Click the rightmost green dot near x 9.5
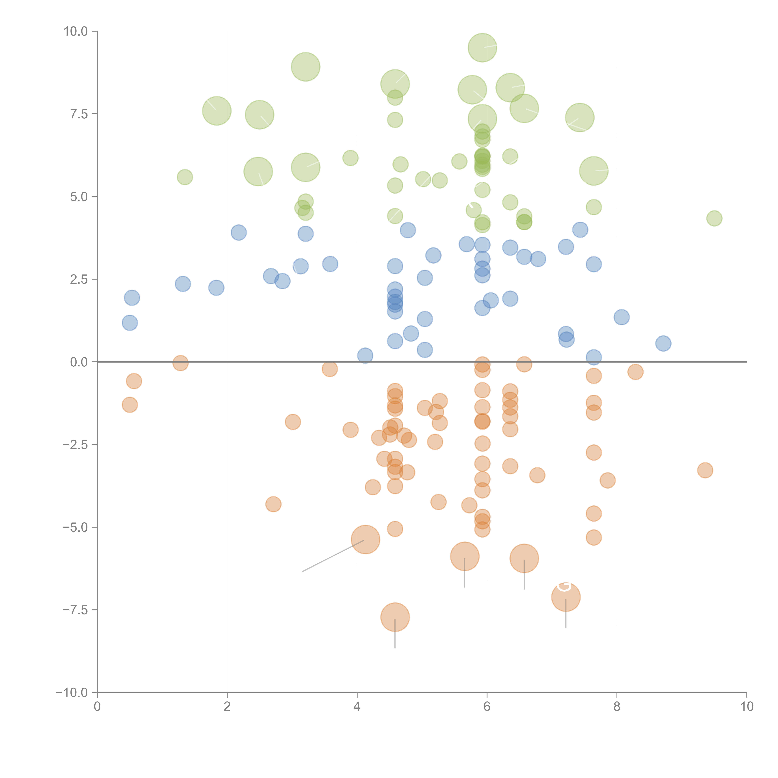coord(714,218)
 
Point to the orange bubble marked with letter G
coord(566,597)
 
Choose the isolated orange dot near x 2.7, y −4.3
coord(273,504)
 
